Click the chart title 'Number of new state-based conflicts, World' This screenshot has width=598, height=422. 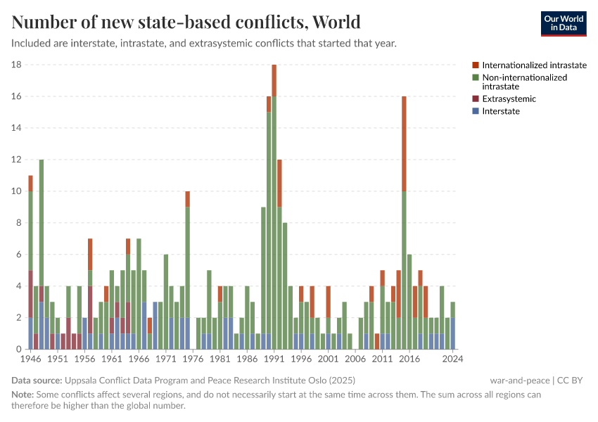(186, 22)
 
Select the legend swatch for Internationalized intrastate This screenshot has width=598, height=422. (476, 65)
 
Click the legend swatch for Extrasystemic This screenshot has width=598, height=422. (476, 99)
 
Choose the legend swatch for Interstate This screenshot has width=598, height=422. (476, 111)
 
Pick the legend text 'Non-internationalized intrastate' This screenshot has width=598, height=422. (524, 82)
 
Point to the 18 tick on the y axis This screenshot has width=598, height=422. (17, 65)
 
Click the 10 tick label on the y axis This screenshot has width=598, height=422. (17, 191)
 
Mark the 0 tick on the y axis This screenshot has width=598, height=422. (20, 350)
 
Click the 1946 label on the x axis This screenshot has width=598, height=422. (30, 359)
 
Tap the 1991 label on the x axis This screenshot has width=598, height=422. (274, 359)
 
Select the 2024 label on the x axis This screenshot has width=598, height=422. (452, 359)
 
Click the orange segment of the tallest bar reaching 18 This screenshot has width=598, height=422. (274, 80)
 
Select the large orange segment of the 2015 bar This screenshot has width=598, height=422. (404, 143)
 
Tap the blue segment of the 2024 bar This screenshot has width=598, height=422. (452, 333)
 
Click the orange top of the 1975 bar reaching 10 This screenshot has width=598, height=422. (187, 199)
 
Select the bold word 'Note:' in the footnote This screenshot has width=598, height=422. (25, 395)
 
